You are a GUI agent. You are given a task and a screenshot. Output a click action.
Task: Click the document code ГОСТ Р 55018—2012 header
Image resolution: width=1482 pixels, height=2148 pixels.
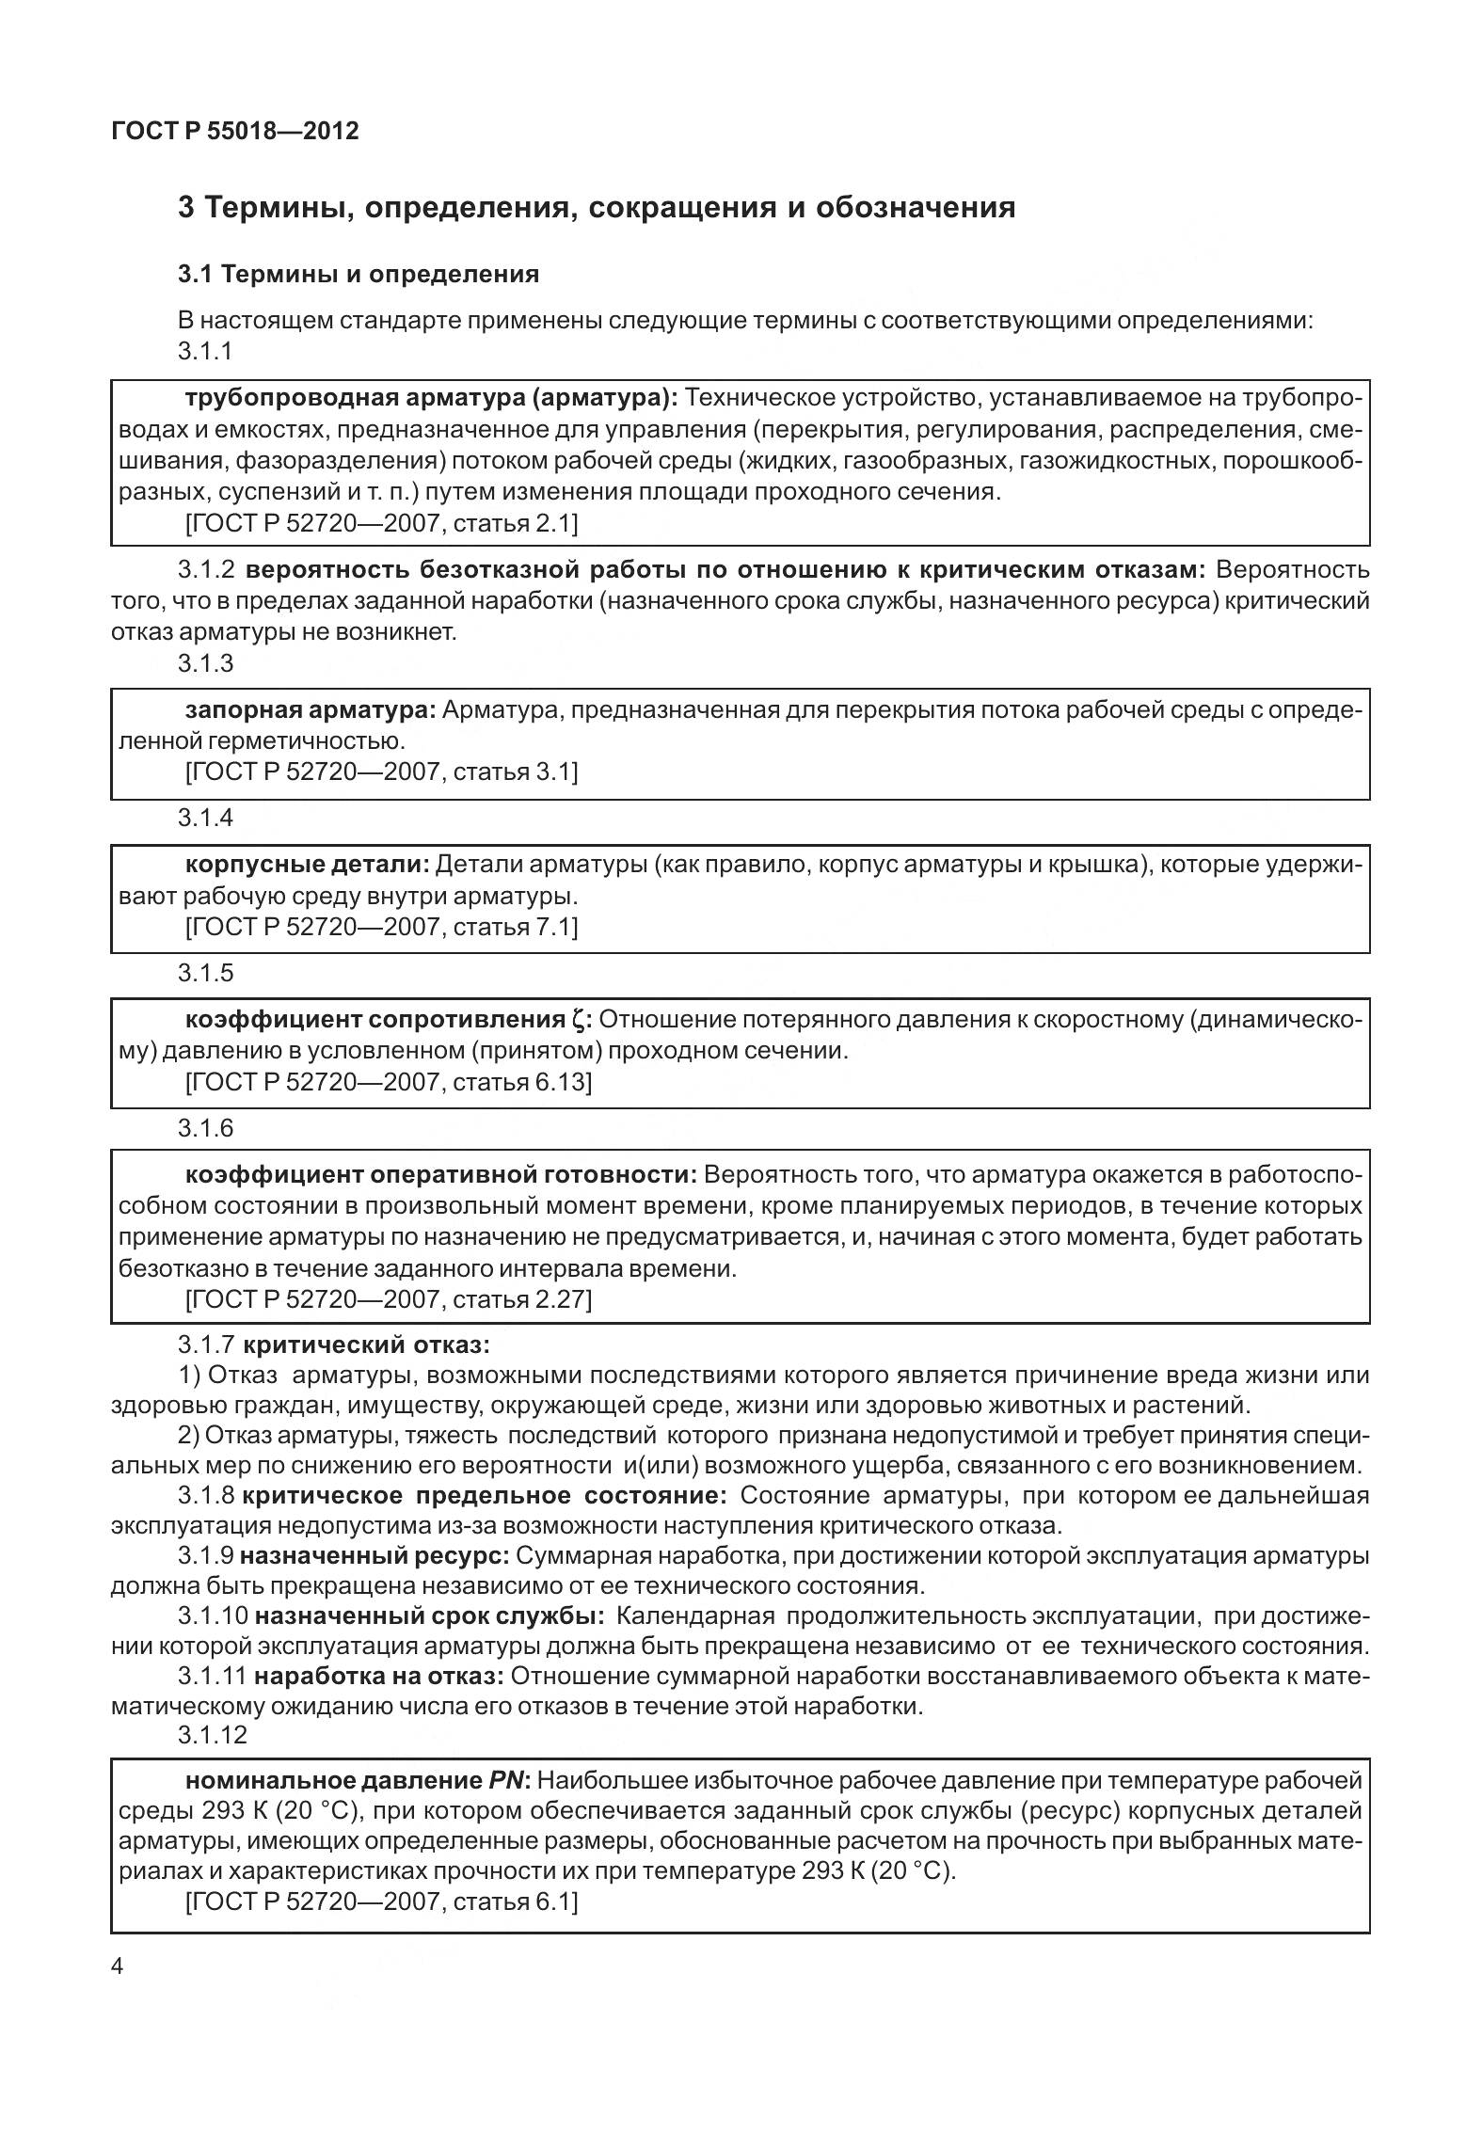(x=234, y=131)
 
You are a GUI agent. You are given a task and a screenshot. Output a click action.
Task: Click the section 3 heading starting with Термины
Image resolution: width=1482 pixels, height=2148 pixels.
(x=597, y=207)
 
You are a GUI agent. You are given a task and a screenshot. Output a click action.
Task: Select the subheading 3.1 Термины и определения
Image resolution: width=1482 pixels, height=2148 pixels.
(x=359, y=274)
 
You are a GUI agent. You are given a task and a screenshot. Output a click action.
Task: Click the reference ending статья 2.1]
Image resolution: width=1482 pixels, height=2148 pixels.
(x=382, y=522)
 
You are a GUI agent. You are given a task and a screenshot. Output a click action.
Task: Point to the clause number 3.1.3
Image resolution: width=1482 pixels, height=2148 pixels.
(x=205, y=663)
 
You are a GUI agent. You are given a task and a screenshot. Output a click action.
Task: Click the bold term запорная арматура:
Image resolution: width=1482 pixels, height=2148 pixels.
(x=311, y=709)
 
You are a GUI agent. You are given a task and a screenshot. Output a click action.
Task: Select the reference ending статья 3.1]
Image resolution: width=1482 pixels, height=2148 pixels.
(x=382, y=772)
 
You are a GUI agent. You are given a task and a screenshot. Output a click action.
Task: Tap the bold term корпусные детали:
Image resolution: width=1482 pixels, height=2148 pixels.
(x=307, y=864)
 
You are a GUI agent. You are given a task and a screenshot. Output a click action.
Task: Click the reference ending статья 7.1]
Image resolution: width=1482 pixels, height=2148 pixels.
(x=382, y=927)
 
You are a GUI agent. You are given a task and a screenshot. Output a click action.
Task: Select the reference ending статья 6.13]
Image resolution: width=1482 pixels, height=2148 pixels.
(x=389, y=1082)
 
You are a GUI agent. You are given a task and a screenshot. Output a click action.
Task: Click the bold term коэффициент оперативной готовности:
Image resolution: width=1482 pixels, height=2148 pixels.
(x=440, y=1174)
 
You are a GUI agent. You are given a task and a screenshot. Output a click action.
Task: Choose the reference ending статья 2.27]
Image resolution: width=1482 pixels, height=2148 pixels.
(x=389, y=1299)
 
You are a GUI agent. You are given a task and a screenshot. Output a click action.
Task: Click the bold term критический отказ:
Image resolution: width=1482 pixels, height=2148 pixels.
(x=374, y=1344)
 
